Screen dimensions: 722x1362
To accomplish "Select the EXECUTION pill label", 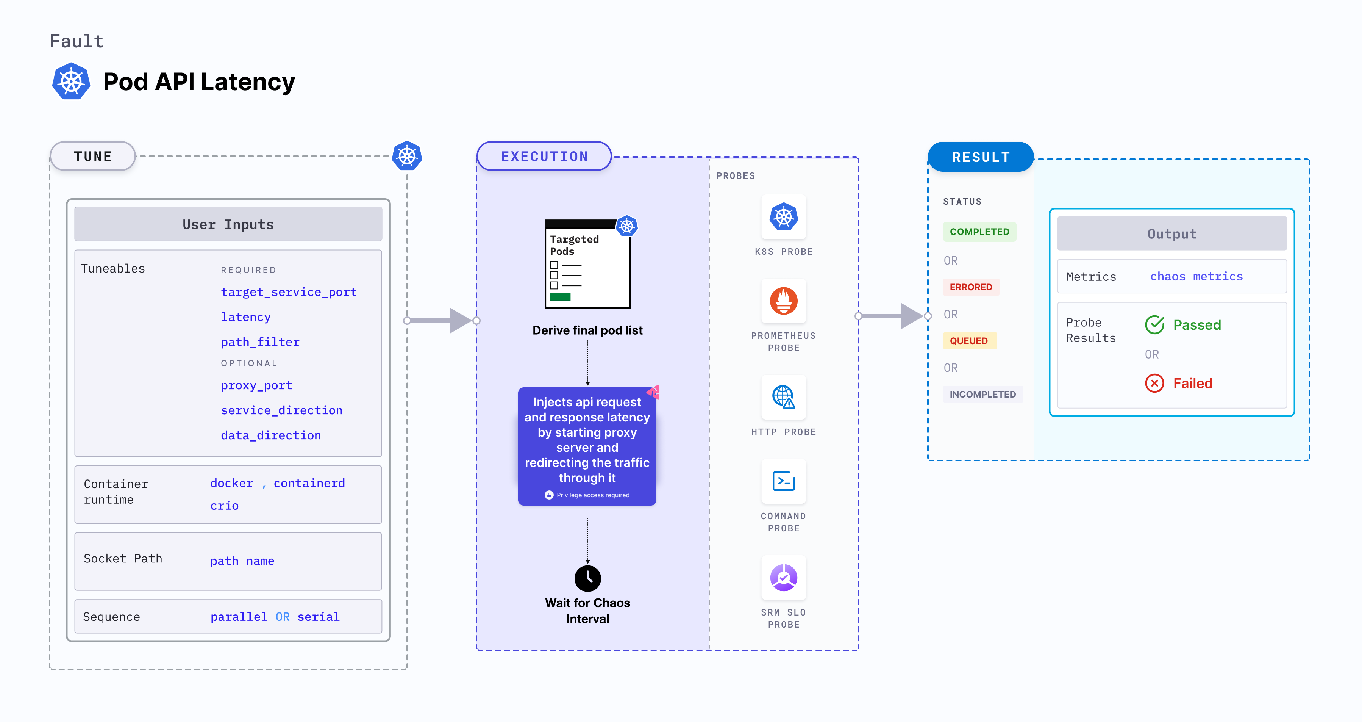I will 544,157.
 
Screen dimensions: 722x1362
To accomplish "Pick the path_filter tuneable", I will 260,342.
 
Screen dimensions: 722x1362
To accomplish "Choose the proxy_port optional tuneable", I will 256,385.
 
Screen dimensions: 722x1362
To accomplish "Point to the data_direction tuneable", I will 271,435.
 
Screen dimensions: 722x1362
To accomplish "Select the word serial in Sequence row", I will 318,617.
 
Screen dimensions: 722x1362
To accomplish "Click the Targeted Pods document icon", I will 587,263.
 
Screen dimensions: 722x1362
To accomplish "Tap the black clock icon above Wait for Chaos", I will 587,578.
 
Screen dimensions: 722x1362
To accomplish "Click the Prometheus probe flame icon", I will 784,301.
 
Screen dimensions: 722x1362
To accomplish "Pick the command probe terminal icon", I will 784,481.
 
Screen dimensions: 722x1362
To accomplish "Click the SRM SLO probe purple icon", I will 784,578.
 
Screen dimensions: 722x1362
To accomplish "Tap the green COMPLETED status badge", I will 979,232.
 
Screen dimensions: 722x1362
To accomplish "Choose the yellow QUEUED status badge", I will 968,341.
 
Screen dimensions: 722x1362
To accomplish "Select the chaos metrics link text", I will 1196,277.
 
